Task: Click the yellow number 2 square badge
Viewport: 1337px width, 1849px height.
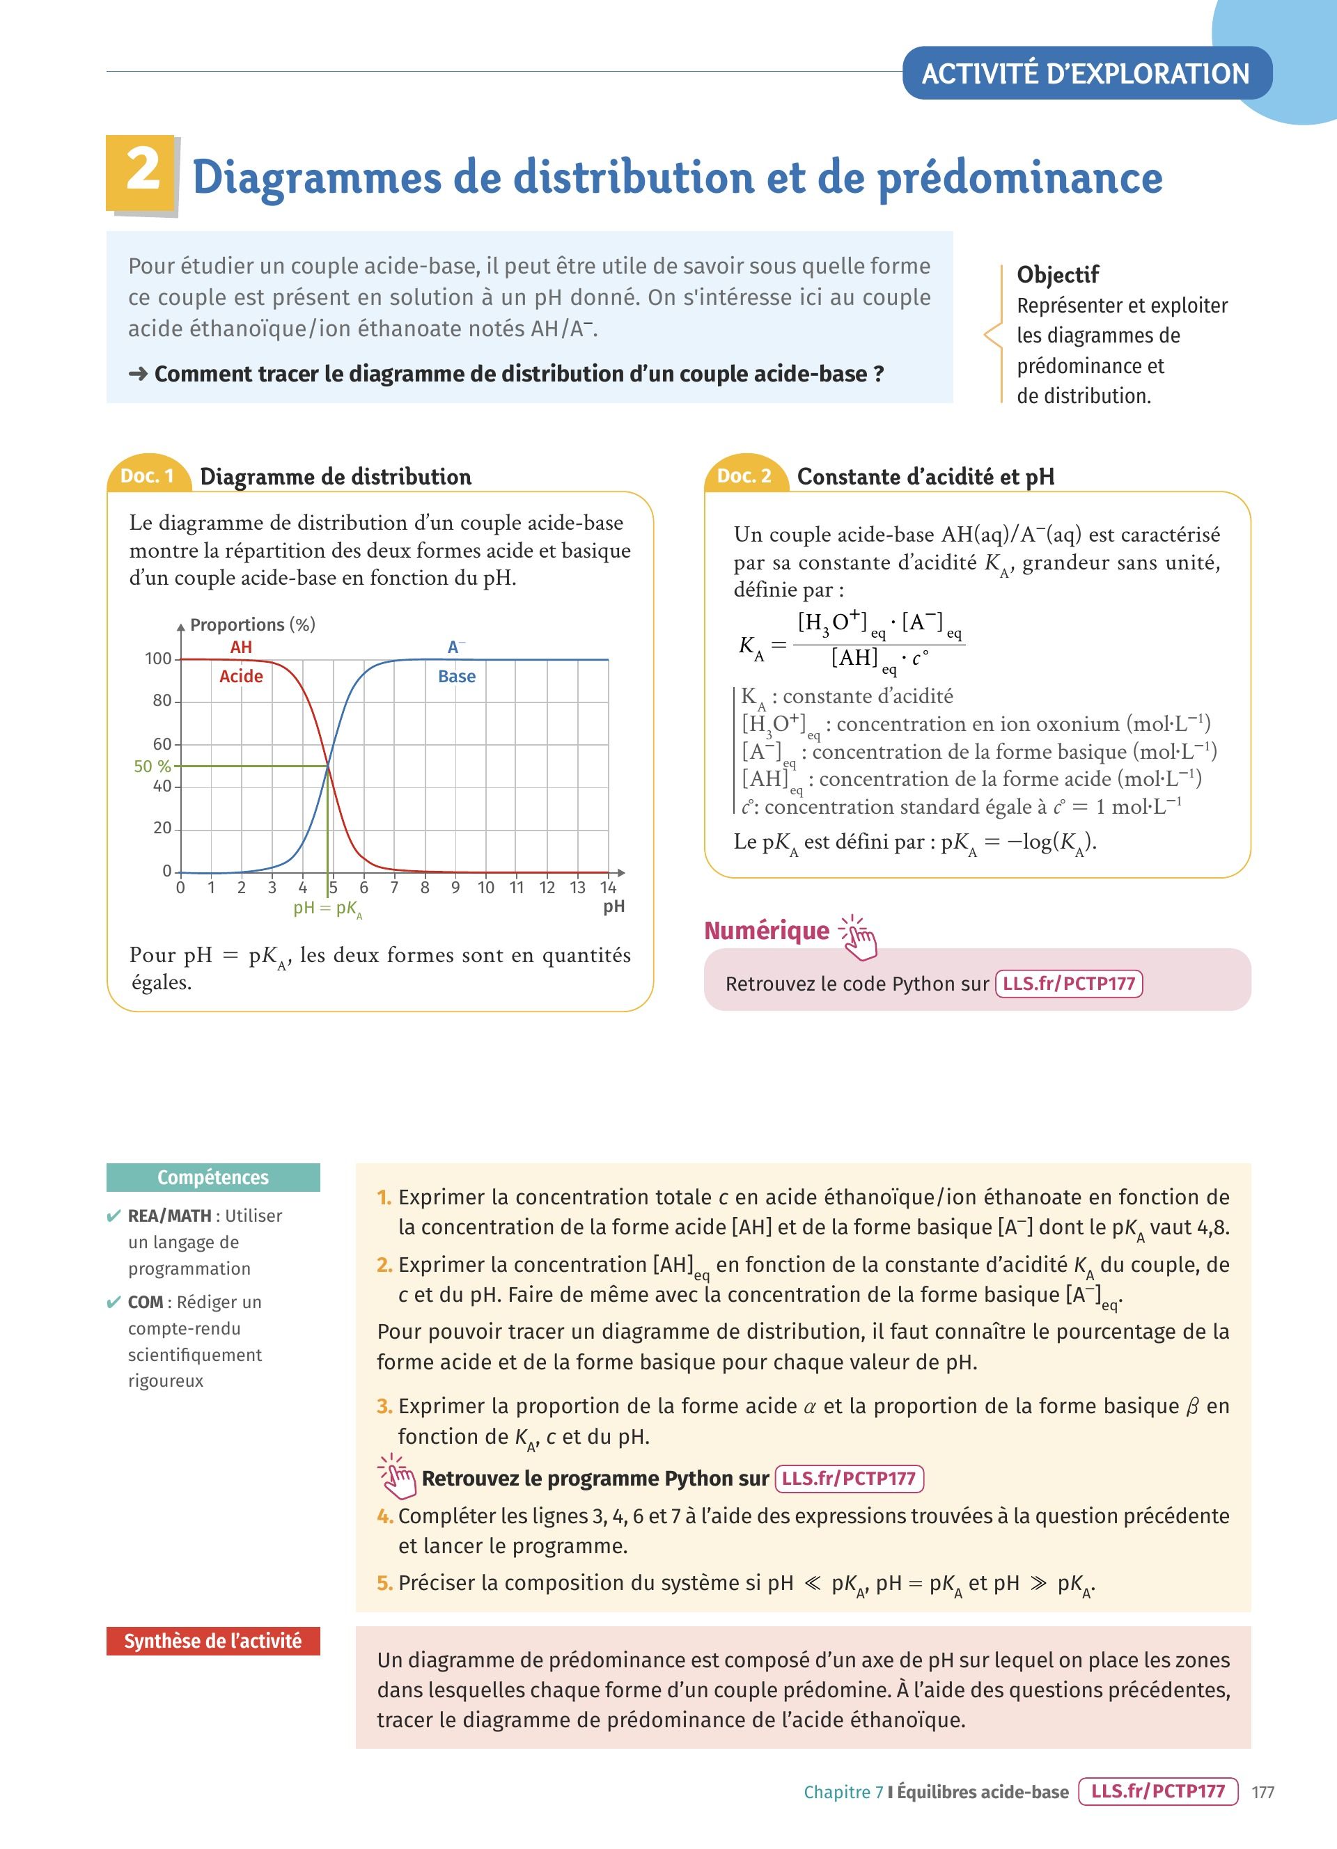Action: tap(141, 173)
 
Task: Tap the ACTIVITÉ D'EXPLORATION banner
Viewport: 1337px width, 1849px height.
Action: tap(1085, 73)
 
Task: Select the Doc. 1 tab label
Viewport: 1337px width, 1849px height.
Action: tap(148, 476)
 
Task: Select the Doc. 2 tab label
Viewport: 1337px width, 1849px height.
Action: tap(744, 476)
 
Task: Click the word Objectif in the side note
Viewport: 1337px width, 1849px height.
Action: tap(1057, 275)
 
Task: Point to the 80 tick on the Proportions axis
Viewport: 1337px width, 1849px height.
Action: tap(162, 700)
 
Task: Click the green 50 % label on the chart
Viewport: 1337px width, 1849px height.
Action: tap(153, 766)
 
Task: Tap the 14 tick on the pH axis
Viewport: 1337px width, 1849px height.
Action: tap(608, 888)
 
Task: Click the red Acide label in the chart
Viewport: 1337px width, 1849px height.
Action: tap(242, 676)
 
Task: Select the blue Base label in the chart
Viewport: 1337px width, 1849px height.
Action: tap(457, 676)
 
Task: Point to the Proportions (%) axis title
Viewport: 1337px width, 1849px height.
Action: tap(252, 624)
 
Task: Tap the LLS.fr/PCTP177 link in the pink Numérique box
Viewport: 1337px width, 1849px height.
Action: tap(1069, 983)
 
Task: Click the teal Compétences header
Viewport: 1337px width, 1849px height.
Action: tap(213, 1177)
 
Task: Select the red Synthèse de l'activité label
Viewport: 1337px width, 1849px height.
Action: tap(213, 1641)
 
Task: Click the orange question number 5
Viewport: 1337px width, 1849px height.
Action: tap(385, 1582)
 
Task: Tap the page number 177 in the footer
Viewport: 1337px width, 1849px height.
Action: tap(1262, 1792)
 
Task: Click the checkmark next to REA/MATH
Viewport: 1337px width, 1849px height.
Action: tap(114, 1216)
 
